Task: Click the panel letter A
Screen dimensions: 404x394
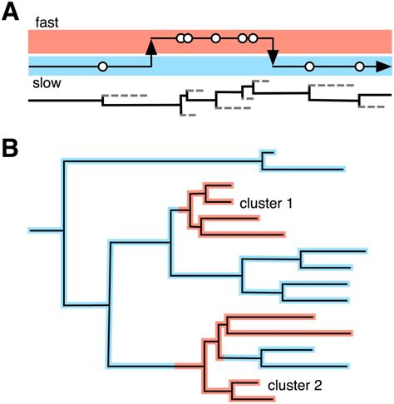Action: coord(11,12)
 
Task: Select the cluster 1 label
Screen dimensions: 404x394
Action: coord(266,202)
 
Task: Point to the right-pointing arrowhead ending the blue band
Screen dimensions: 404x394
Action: coord(383,66)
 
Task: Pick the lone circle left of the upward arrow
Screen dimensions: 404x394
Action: coord(102,66)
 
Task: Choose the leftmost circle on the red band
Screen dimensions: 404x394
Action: coord(180,37)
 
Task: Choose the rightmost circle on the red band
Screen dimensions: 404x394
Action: coord(253,37)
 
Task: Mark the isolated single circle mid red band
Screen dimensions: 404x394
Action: coord(215,37)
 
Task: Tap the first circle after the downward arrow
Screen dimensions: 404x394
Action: coord(309,66)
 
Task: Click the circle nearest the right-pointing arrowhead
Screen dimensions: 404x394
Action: coord(359,66)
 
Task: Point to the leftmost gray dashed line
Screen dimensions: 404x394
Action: coord(125,96)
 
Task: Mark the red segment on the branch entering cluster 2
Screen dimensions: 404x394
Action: coord(188,365)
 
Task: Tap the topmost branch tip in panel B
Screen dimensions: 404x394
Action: coord(273,153)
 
